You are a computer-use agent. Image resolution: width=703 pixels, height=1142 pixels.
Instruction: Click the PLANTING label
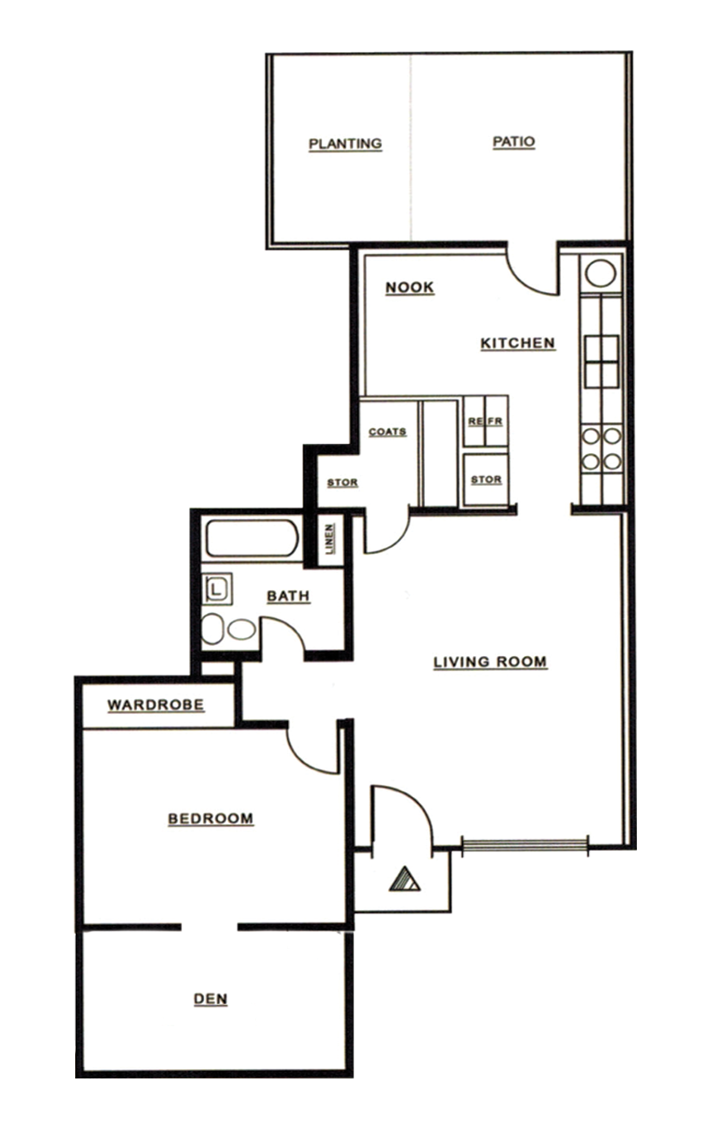click(345, 144)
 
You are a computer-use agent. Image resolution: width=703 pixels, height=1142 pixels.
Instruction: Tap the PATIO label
click(513, 142)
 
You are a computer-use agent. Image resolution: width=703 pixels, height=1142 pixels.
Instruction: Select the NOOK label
click(409, 287)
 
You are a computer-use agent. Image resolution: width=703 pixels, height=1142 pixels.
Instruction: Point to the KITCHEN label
click(517, 343)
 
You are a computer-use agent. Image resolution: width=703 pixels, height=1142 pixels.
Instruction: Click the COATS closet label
click(387, 432)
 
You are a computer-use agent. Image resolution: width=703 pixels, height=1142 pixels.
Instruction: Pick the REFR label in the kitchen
click(485, 422)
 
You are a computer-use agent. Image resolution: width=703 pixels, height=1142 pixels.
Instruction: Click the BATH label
click(288, 596)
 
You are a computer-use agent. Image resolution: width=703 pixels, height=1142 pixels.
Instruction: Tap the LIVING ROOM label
click(490, 662)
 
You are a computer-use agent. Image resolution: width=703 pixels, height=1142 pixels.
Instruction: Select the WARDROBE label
click(156, 705)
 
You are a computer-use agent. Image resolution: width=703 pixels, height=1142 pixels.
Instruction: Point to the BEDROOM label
click(210, 819)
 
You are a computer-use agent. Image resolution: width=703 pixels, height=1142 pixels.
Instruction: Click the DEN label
click(210, 999)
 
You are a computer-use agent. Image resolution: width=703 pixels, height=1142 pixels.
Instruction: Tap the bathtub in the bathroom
click(249, 538)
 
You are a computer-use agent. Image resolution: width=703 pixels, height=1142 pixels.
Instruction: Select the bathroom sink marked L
click(217, 589)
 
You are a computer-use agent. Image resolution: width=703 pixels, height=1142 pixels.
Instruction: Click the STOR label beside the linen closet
click(342, 483)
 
